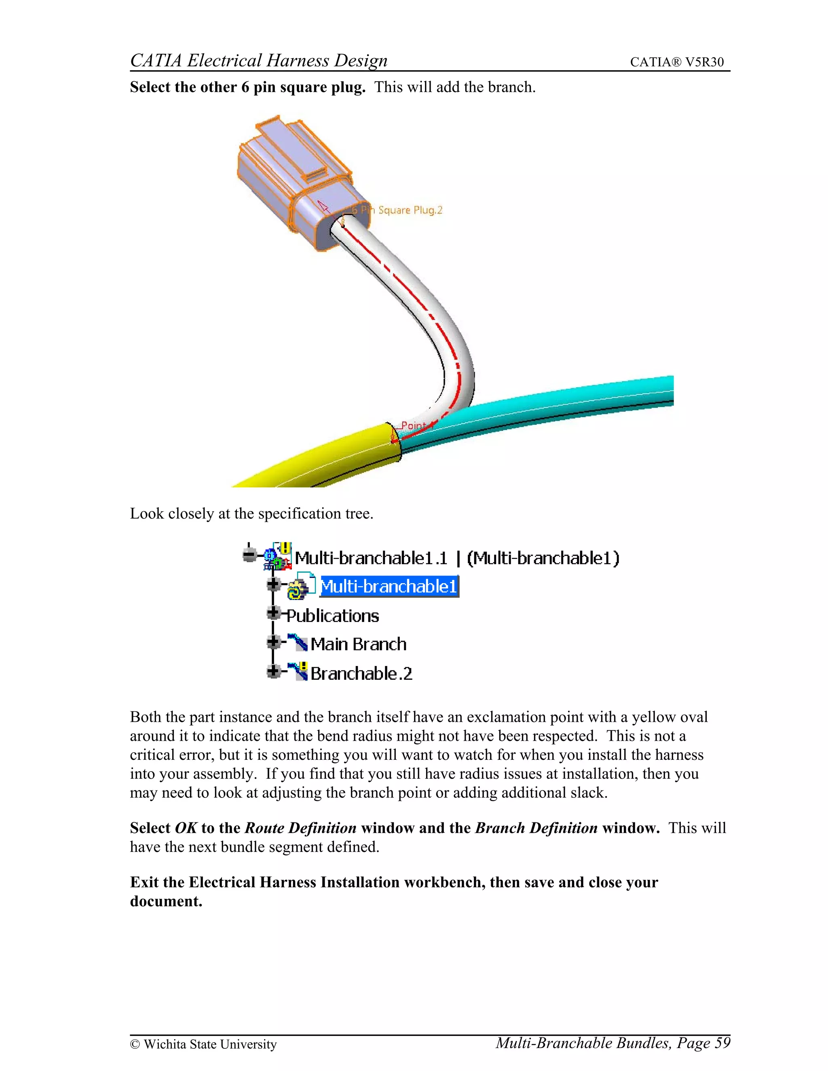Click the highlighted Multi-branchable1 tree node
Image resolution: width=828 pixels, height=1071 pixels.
click(389, 586)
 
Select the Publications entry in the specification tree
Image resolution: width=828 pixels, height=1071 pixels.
click(333, 616)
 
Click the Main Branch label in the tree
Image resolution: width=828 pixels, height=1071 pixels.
click(359, 644)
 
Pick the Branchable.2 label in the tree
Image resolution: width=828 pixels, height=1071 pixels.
click(361, 674)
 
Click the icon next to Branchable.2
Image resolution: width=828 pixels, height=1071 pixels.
click(298, 671)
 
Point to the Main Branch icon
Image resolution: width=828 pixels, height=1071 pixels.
click(298, 643)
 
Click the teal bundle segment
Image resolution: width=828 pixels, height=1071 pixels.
click(540, 407)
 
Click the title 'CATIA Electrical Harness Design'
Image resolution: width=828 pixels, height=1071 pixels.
click(258, 60)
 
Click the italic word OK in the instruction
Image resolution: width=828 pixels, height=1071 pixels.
click(186, 828)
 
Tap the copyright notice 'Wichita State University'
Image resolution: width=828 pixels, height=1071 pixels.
click(209, 1044)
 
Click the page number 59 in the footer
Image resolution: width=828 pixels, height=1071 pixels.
click(722, 1043)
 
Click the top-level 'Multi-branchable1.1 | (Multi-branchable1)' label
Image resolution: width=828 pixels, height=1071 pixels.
click(457, 558)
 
